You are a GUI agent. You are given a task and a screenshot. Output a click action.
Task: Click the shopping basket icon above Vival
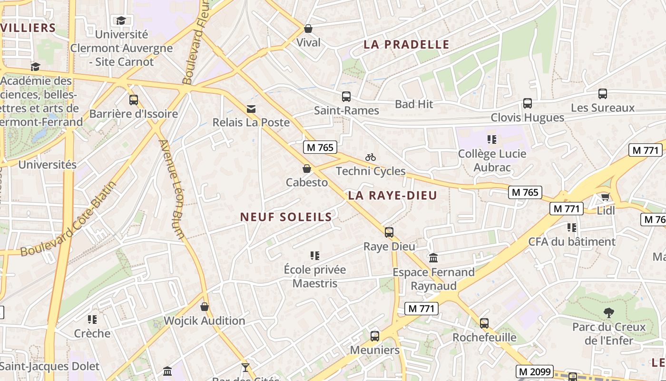[x=308, y=29]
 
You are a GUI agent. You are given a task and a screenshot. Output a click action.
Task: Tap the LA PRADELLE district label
[x=406, y=45]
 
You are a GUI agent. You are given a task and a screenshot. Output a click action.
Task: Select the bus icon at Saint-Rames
[x=346, y=97]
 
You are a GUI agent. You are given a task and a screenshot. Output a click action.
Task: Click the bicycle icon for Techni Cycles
[x=371, y=157]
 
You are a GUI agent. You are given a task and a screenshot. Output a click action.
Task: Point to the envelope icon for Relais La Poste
[x=251, y=109]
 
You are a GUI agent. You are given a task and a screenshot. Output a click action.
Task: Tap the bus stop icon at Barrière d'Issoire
[x=134, y=100]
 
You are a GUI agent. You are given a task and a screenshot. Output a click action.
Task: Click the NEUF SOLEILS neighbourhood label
[x=286, y=217]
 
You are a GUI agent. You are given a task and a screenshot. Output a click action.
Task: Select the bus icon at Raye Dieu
[x=389, y=232]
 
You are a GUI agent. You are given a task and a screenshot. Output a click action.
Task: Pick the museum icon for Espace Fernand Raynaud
[x=433, y=258]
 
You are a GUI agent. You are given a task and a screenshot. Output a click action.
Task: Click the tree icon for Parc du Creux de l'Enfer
[x=608, y=313]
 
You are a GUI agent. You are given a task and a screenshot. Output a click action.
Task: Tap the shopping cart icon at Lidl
[x=605, y=197]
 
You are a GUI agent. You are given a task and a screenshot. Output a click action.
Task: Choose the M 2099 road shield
[x=535, y=371]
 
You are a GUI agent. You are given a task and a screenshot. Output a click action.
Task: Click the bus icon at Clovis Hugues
[x=527, y=103]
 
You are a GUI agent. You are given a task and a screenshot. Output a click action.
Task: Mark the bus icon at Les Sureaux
[x=603, y=94]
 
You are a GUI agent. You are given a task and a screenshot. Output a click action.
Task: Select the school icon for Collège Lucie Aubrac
[x=492, y=140]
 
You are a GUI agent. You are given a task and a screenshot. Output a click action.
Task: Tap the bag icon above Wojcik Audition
[x=205, y=307]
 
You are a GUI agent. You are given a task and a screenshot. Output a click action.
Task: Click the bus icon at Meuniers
[x=375, y=336]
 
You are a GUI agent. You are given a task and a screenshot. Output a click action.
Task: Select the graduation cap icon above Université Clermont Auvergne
[x=121, y=20]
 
